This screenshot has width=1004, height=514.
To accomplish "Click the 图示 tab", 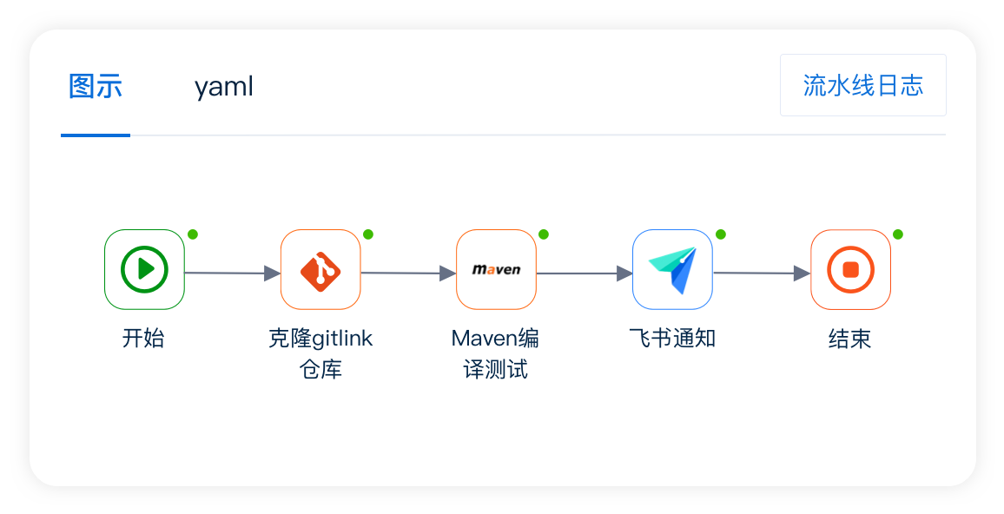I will coord(96,87).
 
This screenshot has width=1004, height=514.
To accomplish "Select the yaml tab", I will coord(223,87).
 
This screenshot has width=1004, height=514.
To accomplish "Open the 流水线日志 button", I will coord(862,85).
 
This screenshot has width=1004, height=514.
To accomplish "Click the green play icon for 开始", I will coord(144,269).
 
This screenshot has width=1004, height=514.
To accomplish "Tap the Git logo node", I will coord(320,269).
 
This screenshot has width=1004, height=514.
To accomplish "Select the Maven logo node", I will coord(496,269).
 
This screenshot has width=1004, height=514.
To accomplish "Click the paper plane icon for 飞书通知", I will coord(672,269).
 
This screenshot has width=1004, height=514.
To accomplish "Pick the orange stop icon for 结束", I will coord(850,269).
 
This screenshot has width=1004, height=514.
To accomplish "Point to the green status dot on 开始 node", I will coord(193,234).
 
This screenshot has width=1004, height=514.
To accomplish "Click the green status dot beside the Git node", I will coord(368,234).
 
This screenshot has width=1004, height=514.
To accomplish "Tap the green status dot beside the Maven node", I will coord(544,234).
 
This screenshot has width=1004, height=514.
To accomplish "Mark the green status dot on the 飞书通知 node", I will coord(720,234).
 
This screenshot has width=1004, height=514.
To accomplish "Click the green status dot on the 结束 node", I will coord(898,234).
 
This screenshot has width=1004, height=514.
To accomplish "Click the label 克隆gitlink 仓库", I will coord(320,353).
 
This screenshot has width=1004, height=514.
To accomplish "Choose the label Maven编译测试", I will coord(496,353).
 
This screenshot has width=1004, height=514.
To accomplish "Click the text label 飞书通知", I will coord(672,339).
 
